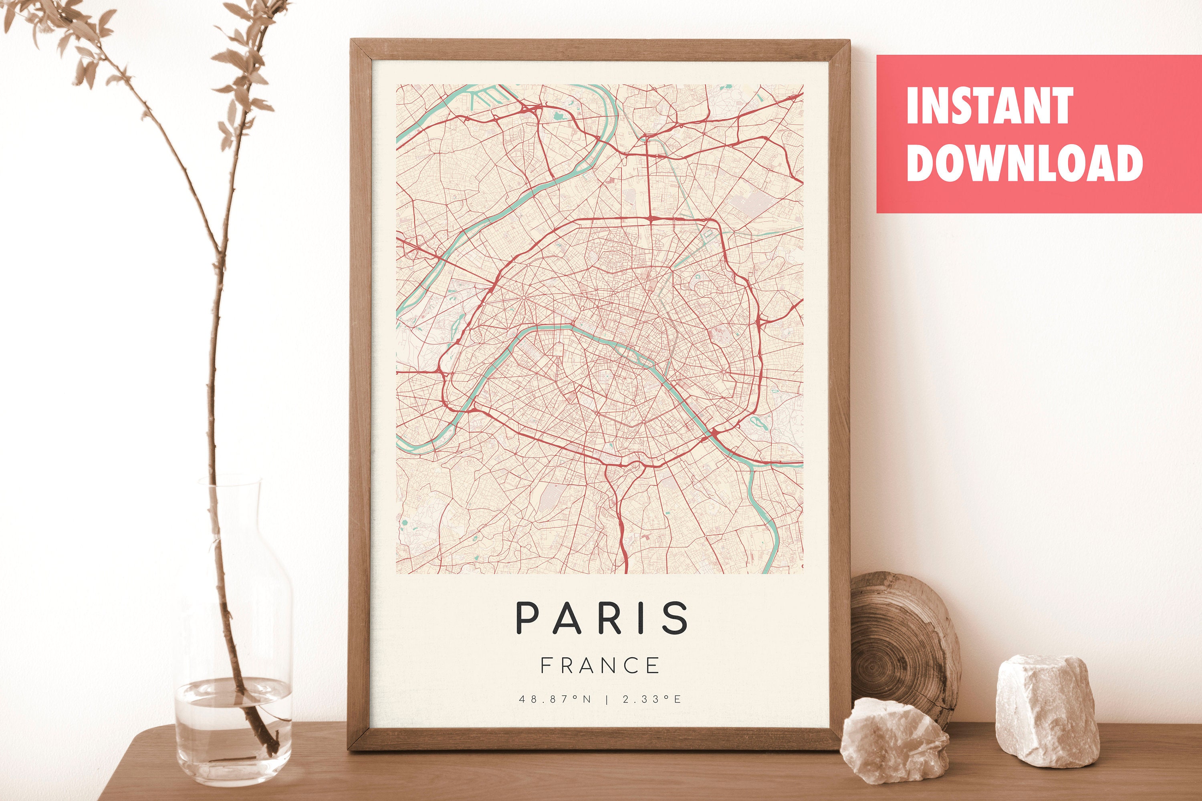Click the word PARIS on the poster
coord(601,618)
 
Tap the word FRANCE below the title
coord(600,666)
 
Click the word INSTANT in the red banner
coord(989,106)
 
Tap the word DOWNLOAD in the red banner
coord(1024,163)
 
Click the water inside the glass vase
coord(232,725)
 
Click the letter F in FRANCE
coord(546,666)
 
